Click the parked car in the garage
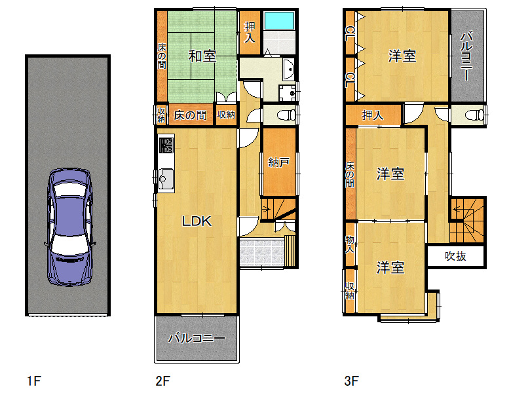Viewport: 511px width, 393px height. pyautogui.click(x=69, y=227)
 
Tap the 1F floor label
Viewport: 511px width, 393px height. pyautogui.click(x=34, y=381)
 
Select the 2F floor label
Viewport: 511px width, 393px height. pyautogui.click(x=162, y=381)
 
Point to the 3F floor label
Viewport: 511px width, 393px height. pyautogui.click(x=351, y=381)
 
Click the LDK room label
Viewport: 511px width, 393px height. pyautogui.click(x=197, y=221)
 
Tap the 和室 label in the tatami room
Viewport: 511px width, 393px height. pyautogui.click(x=202, y=56)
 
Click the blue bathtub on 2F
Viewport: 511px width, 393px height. pyautogui.click(x=279, y=20)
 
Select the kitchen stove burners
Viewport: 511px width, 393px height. pyautogui.click(x=166, y=145)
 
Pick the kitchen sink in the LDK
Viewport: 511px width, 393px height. pyautogui.click(x=166, y=179)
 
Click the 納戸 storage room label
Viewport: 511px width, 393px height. pyautogui.click(x=278, y=162)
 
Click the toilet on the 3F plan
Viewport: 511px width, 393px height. pyautogui.click(x=474, y=115)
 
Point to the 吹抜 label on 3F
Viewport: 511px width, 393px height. pyautogui.click(x=455, y=256)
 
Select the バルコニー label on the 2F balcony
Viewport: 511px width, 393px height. pyautogui.click(x=197, y=338)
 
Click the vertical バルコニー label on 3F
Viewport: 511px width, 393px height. pyautogui.click(x=466, y=56)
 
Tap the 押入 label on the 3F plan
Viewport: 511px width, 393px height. pyautogui.click(x=373, y=115)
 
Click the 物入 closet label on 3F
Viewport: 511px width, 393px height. pyautogui.click(x=350, y=244)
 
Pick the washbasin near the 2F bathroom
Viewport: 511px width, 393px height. pyautogui.click(x=288, y=69)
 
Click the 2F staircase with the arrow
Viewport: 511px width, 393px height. pyautogui.click(x=278, y=209)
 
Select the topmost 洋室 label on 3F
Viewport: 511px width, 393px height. pyautogui.click(x=402, y=56)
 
